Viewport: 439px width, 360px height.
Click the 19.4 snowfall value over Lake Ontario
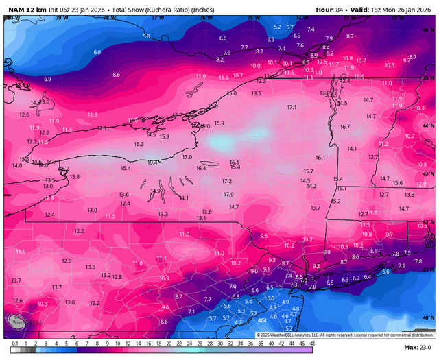point(152,163)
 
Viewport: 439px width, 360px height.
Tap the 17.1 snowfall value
point(292,108)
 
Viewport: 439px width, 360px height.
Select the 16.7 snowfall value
point(345,127)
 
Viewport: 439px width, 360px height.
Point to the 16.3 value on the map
point(139,144)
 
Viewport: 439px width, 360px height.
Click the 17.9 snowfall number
point(228,195)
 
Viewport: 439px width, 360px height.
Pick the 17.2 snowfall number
point(226,181)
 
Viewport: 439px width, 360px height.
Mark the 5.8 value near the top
point(146,36)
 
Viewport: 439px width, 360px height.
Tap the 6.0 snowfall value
point(97,52)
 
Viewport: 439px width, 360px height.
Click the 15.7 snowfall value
point(308,171)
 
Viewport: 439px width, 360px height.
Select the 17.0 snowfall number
point(187,157)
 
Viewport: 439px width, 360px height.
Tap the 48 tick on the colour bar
point(312,342)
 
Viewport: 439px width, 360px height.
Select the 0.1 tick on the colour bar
point(15,342)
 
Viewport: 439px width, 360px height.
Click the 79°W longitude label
point(63,17)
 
